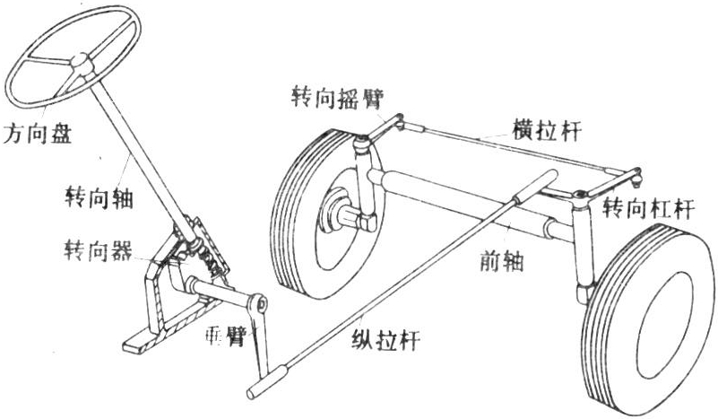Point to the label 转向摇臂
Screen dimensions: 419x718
pos(333,97)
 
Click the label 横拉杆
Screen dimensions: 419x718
pos(547,130)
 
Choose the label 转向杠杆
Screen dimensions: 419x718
pos(647,209)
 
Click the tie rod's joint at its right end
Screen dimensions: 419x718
pos(637,176)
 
